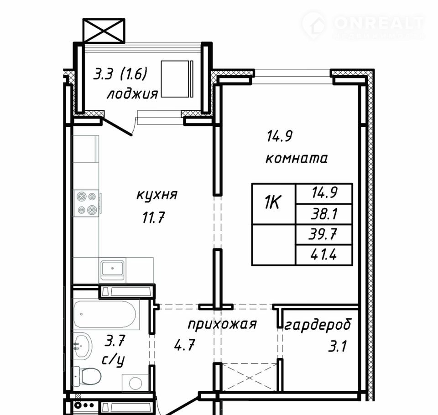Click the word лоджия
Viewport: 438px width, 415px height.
pos(132,94)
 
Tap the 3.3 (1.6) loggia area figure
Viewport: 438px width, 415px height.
pos(120,75)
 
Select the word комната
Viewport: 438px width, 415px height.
pos(297,158)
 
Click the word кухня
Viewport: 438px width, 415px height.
pos(156,195)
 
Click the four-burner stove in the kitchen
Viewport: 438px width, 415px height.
pos(86,203)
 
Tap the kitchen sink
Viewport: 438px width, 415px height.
pos(112,270)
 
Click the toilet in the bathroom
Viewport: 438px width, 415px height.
pos(87,376)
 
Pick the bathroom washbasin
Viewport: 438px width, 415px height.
pos(83,346)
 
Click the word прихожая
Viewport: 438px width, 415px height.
pos(222,325)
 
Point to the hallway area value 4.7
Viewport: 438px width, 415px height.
pos(184,345)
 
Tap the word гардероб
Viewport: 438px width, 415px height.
pos(318,325)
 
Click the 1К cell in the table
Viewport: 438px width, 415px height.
pos(273,204)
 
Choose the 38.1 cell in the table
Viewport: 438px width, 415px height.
pos(324,214)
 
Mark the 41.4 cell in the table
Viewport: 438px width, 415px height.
pos(324,255)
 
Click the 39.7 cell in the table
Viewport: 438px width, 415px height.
pos(324,234)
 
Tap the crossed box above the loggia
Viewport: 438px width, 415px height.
pos(104,31)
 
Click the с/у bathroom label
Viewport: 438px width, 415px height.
pos(113,361)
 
